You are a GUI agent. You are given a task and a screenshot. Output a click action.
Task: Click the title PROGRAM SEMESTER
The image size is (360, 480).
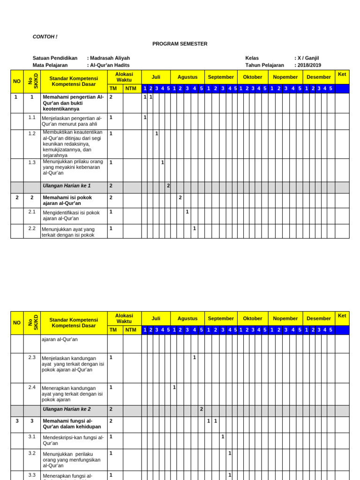[180, 44]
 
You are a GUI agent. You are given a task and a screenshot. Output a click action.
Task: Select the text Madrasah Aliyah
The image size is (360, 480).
[110, 58]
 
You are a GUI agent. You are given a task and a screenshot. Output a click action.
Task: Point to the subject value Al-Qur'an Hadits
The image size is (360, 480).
[110, 65]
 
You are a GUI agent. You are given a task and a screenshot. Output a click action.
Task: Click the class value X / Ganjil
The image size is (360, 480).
[308, 58]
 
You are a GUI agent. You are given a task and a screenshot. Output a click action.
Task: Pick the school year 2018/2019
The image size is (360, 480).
[309, 65]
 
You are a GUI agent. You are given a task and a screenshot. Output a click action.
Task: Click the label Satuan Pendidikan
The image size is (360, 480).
[55, 58]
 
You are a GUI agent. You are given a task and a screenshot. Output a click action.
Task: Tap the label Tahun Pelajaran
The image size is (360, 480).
[264, 65]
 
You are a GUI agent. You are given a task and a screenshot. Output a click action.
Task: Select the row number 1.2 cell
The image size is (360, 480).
[32, 134]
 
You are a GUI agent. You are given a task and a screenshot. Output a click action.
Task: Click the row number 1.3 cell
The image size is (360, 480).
[32, 162]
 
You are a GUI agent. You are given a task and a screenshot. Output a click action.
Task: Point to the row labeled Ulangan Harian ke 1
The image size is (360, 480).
[67, 186]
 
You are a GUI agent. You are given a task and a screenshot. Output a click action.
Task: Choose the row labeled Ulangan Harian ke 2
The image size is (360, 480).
[67, 409]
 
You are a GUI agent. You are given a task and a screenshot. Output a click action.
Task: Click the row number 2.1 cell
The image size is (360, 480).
[32, 212]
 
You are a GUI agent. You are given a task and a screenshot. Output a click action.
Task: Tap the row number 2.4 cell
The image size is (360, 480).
[32, 387]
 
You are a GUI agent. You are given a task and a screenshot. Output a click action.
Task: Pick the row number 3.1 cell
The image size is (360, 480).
[32, 436]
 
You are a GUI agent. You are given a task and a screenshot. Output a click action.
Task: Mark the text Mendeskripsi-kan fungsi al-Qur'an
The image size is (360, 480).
[73, 440]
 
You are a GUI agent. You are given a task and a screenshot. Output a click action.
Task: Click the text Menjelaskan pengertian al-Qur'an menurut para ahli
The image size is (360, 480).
[71, 121]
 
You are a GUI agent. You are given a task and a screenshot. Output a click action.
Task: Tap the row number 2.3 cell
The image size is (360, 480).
[32, 357]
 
